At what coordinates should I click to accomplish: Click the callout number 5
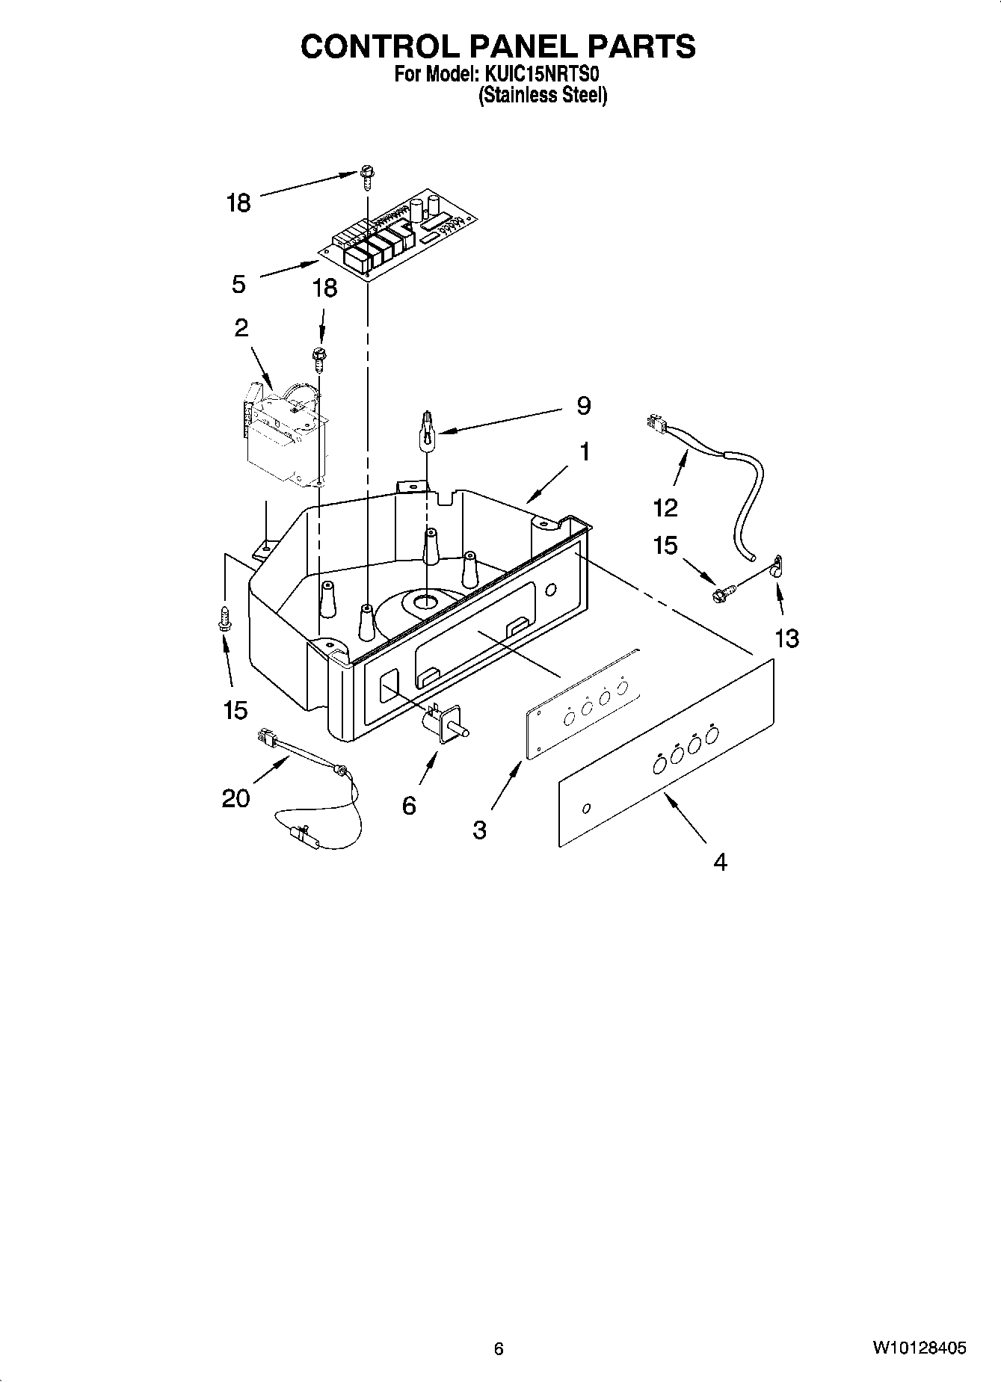coord(238,285)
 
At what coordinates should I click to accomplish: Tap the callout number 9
coord(583,406)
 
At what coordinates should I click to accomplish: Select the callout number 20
coord(235,798)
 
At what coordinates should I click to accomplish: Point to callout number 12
coord(665,508)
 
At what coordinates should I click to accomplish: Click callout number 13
coord(786,638)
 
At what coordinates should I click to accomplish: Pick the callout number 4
coord(719,862)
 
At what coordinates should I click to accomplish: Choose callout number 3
coord(479,830)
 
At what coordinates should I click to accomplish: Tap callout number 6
coord(408,805)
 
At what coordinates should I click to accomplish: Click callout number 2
coord(241,327)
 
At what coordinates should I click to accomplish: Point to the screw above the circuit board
coord(367,175)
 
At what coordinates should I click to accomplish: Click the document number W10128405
coord(918,1348)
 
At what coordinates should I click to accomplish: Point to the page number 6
coord(499,1348)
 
